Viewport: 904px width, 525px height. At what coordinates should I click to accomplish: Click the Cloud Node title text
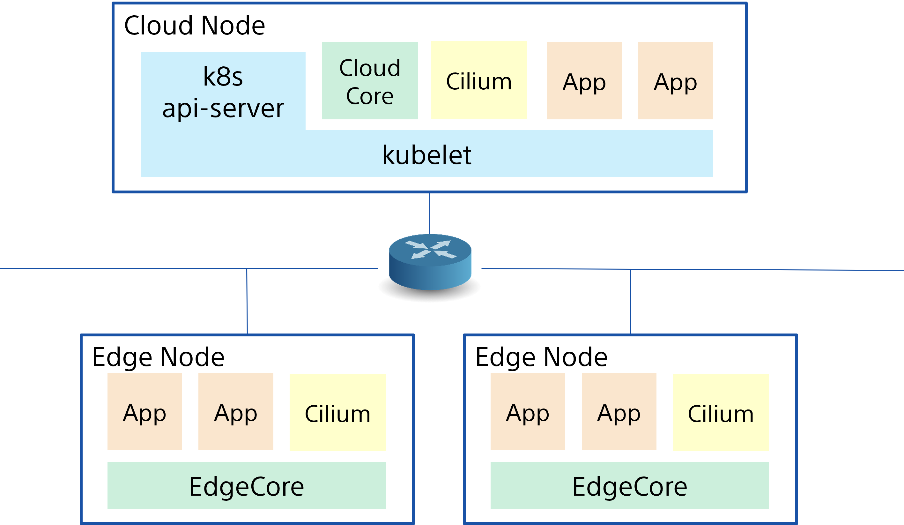[x=194, y=26]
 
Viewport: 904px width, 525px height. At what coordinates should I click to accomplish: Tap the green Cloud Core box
[x=370, y=81]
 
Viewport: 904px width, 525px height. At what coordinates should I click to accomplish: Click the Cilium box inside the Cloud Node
[x=479, y=80]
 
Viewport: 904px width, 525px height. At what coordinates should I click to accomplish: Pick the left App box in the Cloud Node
[x=584, y=81]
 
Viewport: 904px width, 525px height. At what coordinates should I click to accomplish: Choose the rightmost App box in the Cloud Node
[x=675, y=81]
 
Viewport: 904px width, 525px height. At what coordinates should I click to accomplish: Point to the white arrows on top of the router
[x=431, y=249]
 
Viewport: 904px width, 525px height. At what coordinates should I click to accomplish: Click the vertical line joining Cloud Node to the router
[x=429, y=213]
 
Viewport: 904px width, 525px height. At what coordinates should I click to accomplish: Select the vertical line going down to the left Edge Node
[x=247, y=301]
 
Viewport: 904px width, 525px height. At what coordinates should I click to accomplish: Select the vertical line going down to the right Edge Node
[x=630, y=301]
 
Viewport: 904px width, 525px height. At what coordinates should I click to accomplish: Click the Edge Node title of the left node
[x=158, y=357]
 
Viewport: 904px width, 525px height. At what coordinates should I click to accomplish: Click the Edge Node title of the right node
[x=541, y=357]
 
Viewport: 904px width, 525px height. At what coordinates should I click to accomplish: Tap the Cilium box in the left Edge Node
[x=337, y=413]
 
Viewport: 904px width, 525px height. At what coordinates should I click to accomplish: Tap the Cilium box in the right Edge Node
[x=721, y=413]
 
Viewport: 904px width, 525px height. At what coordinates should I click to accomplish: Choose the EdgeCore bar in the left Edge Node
[x=247, y=485]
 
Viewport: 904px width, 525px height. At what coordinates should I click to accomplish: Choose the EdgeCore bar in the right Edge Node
[x=630, y=485]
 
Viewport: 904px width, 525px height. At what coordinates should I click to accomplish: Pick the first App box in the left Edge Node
[x=144, y=412]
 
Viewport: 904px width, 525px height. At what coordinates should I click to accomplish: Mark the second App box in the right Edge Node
[x=619, y=412]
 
